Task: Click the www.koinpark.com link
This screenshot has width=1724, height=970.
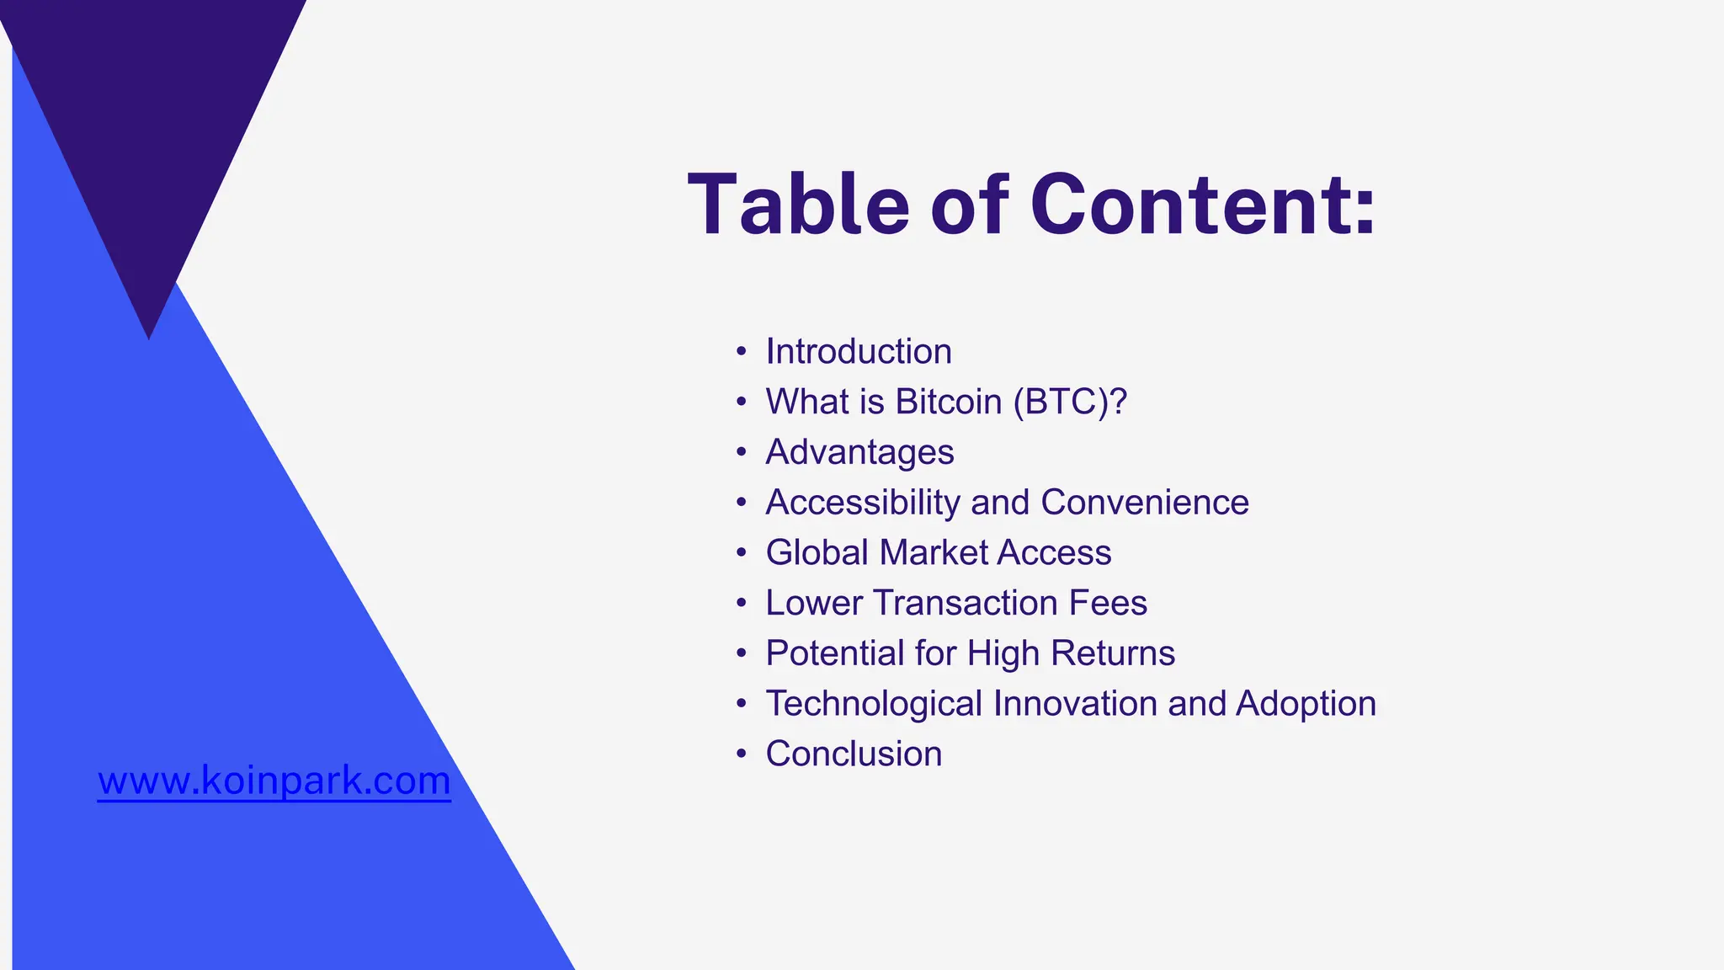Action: (274, 781)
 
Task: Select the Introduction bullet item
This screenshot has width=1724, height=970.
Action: (859, 352)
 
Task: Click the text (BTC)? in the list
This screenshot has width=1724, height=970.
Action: (1070, 402)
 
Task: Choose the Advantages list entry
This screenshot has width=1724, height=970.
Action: (859, 452)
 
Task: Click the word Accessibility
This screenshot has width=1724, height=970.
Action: (863, 503)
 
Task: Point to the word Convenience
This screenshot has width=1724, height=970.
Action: (1145, 503)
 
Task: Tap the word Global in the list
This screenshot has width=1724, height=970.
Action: (817, 553)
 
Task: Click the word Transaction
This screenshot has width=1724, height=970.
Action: (965, 603)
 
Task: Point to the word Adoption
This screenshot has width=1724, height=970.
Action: (1306, 704)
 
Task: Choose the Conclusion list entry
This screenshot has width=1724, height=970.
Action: (854, 754)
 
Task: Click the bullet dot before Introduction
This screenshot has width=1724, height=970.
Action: (741, 352)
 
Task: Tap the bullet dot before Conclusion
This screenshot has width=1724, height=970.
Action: (741, 754)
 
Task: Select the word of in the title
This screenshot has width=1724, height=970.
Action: (968, 205)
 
